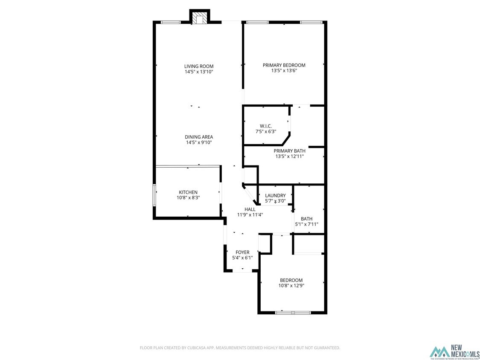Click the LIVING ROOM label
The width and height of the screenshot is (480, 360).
tap(199, 66)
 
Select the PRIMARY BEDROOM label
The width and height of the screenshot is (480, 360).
tap(284, 65)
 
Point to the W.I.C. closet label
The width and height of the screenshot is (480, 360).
tap(266, 126)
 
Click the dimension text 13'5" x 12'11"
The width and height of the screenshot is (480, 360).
tap(290, 157)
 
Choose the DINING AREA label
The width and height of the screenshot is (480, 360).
tap(199, 137)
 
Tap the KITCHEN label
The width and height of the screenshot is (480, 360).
tap(188, 192)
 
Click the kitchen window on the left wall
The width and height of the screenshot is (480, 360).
tap(154, 195)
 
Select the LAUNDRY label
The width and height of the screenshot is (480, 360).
tap(275, 196)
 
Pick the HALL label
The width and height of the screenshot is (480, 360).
tap(250, 209)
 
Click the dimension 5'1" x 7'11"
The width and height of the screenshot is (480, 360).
tap(306, 224)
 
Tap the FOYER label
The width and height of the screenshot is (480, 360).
tap(242, 253)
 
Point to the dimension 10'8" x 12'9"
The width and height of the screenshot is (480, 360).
tap(291, 286)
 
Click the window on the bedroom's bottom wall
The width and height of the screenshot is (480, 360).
tap(293, 313)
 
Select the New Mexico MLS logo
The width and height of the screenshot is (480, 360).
tap(454, 351)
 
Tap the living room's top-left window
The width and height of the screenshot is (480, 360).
tap(171, 22)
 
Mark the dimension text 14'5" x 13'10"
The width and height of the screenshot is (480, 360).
tap(199, 72)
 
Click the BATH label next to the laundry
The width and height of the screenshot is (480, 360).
tap(306, 219)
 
